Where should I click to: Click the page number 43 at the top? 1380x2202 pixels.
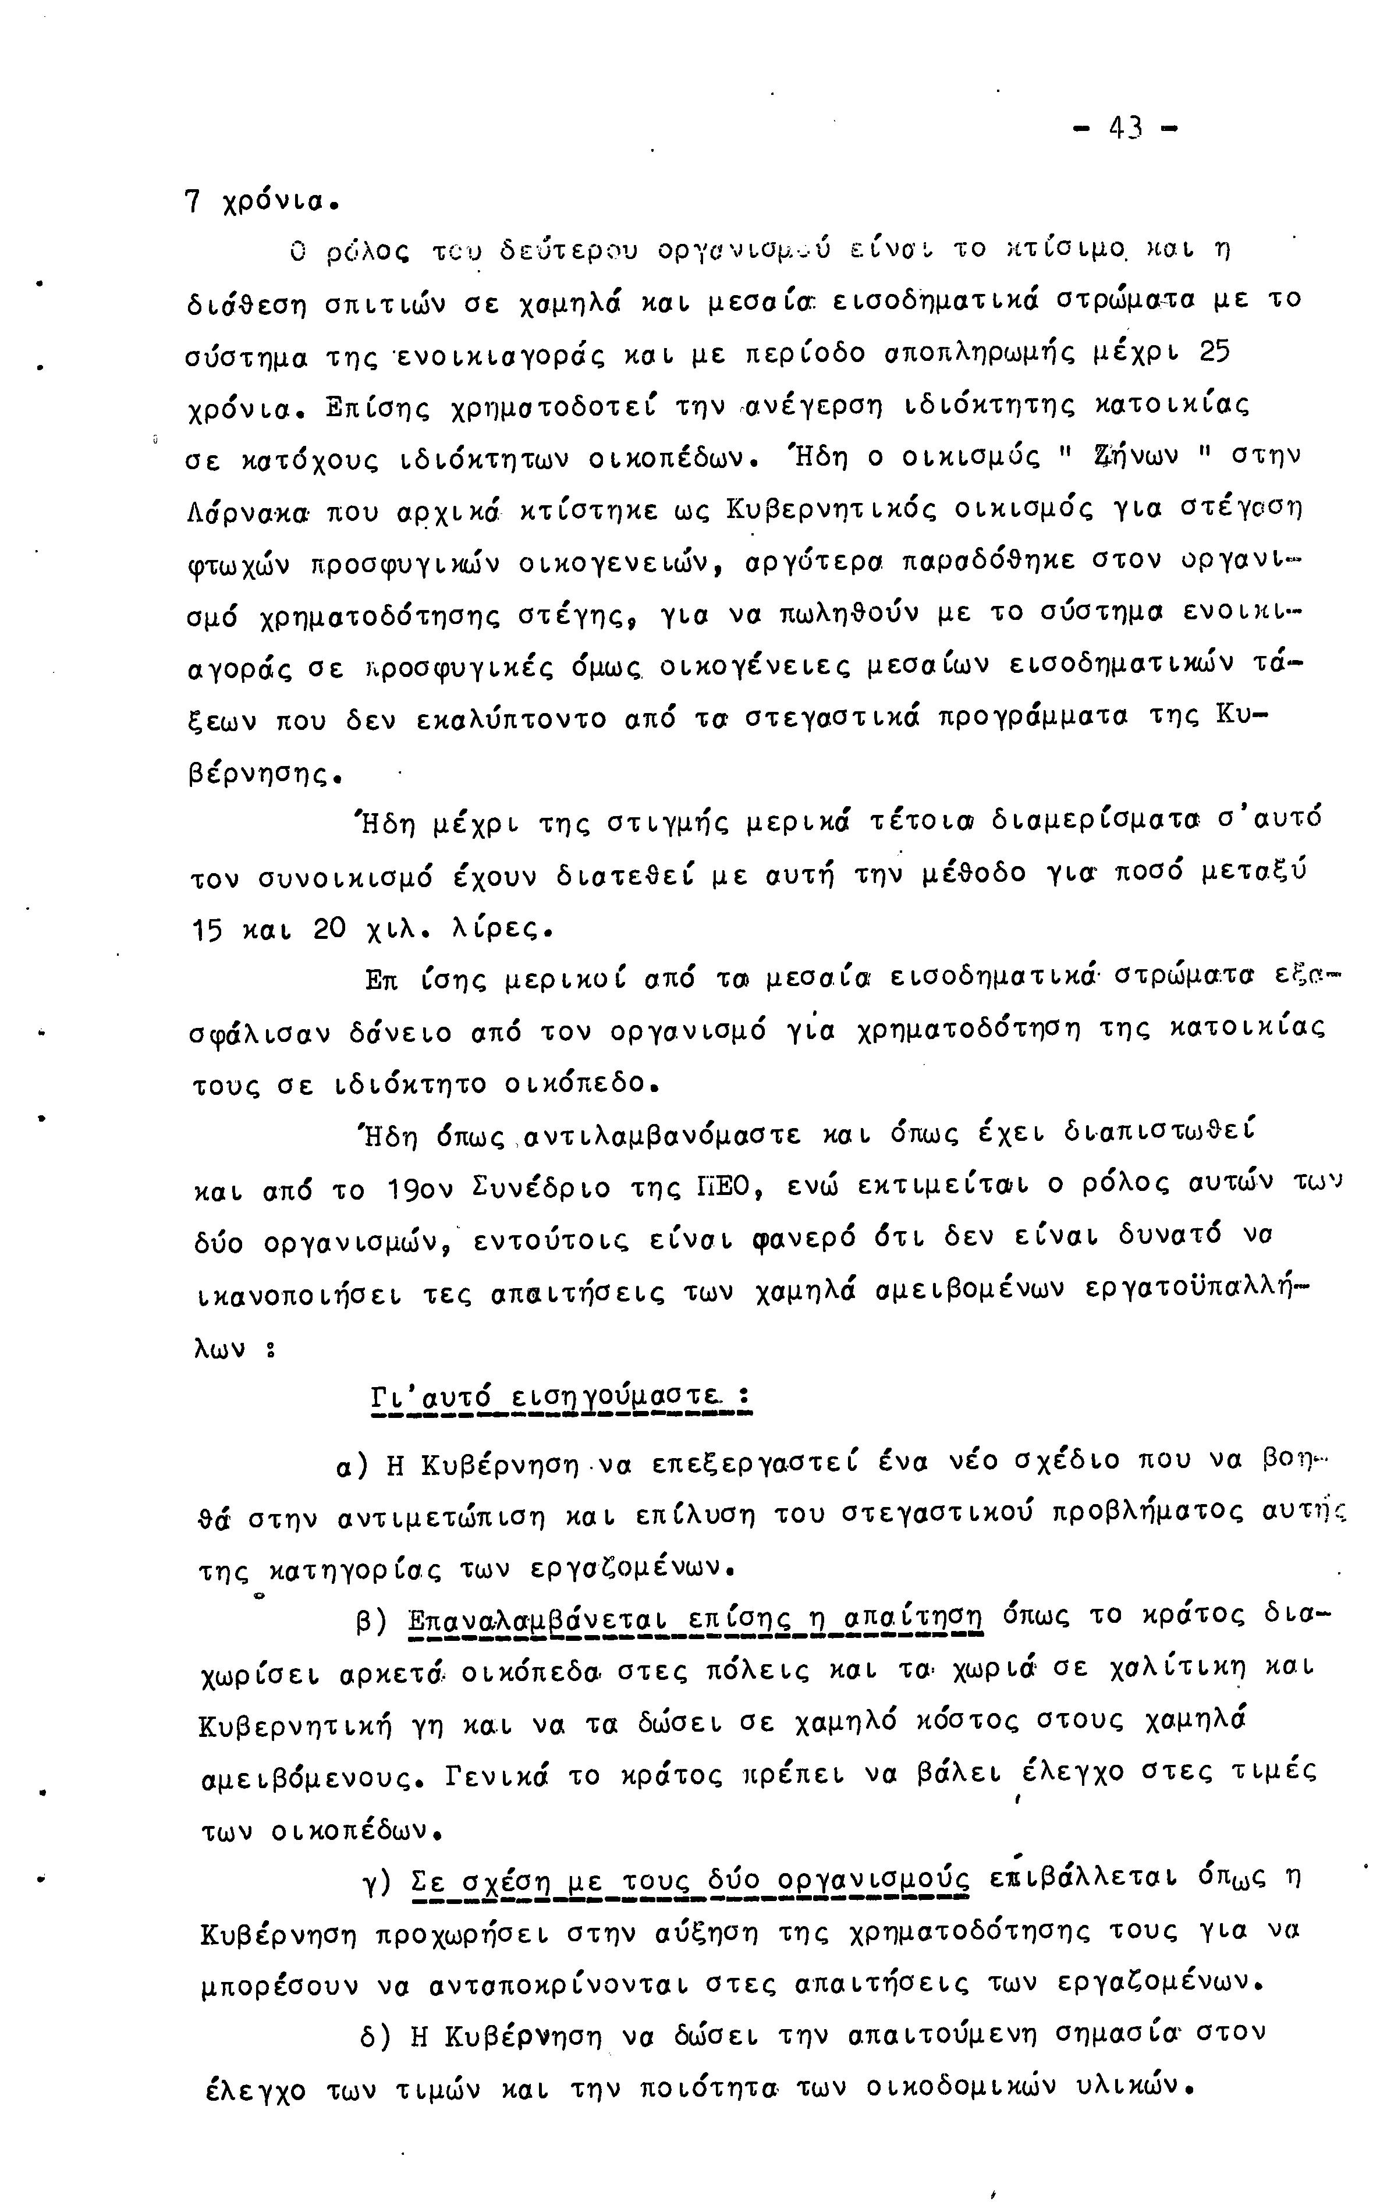pos(1123,129)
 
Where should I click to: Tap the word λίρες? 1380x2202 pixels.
pos(500,931)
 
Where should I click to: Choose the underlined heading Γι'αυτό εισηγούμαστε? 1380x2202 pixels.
pos(560,1397)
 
